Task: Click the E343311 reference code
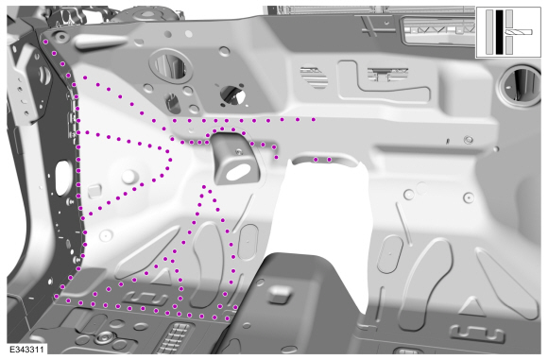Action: point(26,350)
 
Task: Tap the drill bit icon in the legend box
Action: point(519,32)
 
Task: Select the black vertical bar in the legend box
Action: point(500,32)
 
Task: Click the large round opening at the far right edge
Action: point(520,84)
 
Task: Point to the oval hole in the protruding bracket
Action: point(240,172)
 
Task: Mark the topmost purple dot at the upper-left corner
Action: point(45,42)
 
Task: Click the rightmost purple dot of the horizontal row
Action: point(314,120)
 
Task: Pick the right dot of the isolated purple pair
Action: point(329,160)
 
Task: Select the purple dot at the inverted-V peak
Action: point(204,187)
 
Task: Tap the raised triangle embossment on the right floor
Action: point(472,307)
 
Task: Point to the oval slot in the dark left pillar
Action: point(61,178)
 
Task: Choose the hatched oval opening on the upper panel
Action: point(314,77)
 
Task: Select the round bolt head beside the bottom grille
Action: point(104,337)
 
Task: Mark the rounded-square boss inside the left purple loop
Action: point(94,191)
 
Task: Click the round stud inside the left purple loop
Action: point(128,177)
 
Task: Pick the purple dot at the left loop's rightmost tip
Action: point(170,160)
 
